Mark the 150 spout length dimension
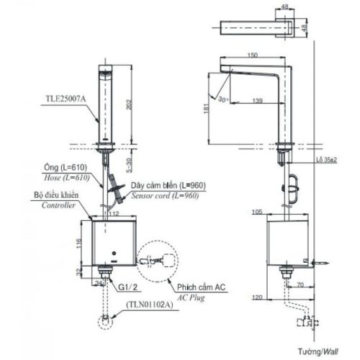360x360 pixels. click(x=252, y=55)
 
